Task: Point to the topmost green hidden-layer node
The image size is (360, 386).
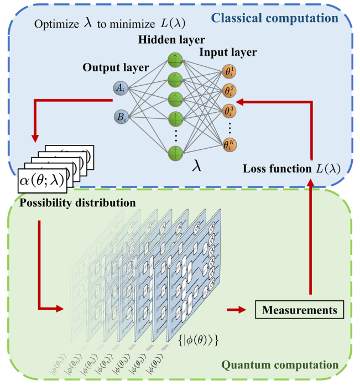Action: click(176, 58)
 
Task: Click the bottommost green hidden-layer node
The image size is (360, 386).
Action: click(176, 153)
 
